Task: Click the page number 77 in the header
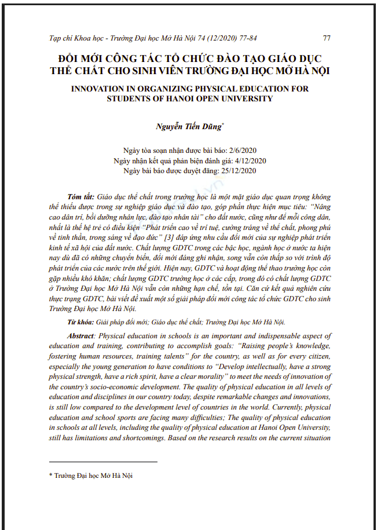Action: (x=327, y=38)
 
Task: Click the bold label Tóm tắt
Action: (x=82, y=197)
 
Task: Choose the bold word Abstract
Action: (x=82, y=336)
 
